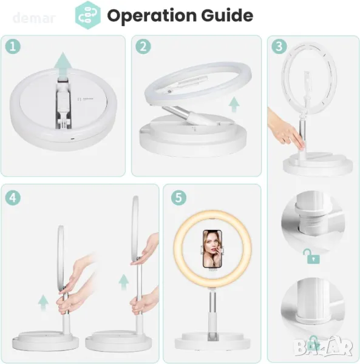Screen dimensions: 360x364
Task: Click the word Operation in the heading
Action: click(x=152, y=16)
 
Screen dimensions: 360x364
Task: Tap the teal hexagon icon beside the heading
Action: click(x=88, y=15)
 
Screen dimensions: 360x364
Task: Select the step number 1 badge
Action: click(x=13, y=47)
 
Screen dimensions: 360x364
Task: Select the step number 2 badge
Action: click(x=143, y=47)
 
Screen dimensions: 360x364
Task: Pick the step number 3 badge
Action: click(x=279, y=47)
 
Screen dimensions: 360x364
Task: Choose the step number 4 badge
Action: click(x=13, y=198)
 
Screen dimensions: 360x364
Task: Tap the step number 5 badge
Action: click(x=178, y=198)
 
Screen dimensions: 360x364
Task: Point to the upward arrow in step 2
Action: click(x=234, y=104)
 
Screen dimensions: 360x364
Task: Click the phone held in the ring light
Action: click(x=212, y=249)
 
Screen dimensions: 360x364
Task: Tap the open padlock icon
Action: click(x=312, y=256)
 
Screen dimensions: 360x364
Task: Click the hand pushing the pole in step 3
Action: click(x=286, y=129)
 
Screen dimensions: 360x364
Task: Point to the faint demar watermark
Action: click(x=34, y=18)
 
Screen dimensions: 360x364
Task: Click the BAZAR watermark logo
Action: click(x=324, y=346)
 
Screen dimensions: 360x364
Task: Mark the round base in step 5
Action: click(x=212, y=341)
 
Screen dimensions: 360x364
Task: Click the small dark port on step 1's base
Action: click(x=73, y=139)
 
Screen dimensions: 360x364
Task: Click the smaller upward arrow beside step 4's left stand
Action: click(x=43, y=303)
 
